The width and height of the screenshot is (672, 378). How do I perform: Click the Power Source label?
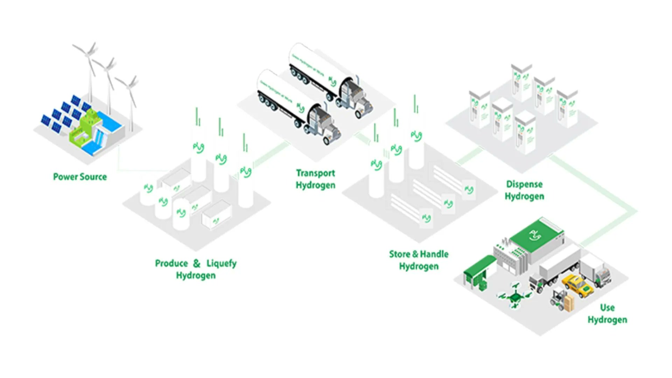80,177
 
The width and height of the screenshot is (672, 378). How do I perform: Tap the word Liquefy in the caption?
221,263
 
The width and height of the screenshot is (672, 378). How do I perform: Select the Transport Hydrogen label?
315,179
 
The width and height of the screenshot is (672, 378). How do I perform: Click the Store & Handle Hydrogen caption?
419,260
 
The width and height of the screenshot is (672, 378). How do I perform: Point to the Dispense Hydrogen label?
524,190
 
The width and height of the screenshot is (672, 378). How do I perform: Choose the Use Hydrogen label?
607,314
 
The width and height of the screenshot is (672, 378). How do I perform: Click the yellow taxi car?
577,286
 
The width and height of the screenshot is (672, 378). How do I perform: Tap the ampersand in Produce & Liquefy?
197,263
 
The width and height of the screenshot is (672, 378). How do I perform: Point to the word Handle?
434,254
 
